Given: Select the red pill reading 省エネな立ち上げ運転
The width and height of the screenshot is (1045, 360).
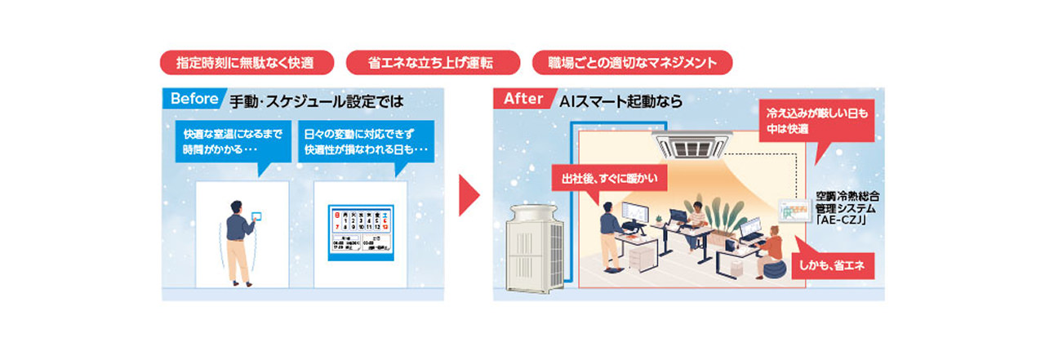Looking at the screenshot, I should (x=434, y=63).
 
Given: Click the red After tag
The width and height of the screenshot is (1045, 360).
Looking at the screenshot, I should (x=523, y=99).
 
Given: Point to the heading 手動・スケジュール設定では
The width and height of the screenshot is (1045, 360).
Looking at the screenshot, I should (x=316, y=101).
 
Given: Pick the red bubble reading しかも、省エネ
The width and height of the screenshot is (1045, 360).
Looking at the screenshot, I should (x=835, y=264).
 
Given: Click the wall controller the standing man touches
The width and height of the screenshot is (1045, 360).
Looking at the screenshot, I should (x=258, y=216).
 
